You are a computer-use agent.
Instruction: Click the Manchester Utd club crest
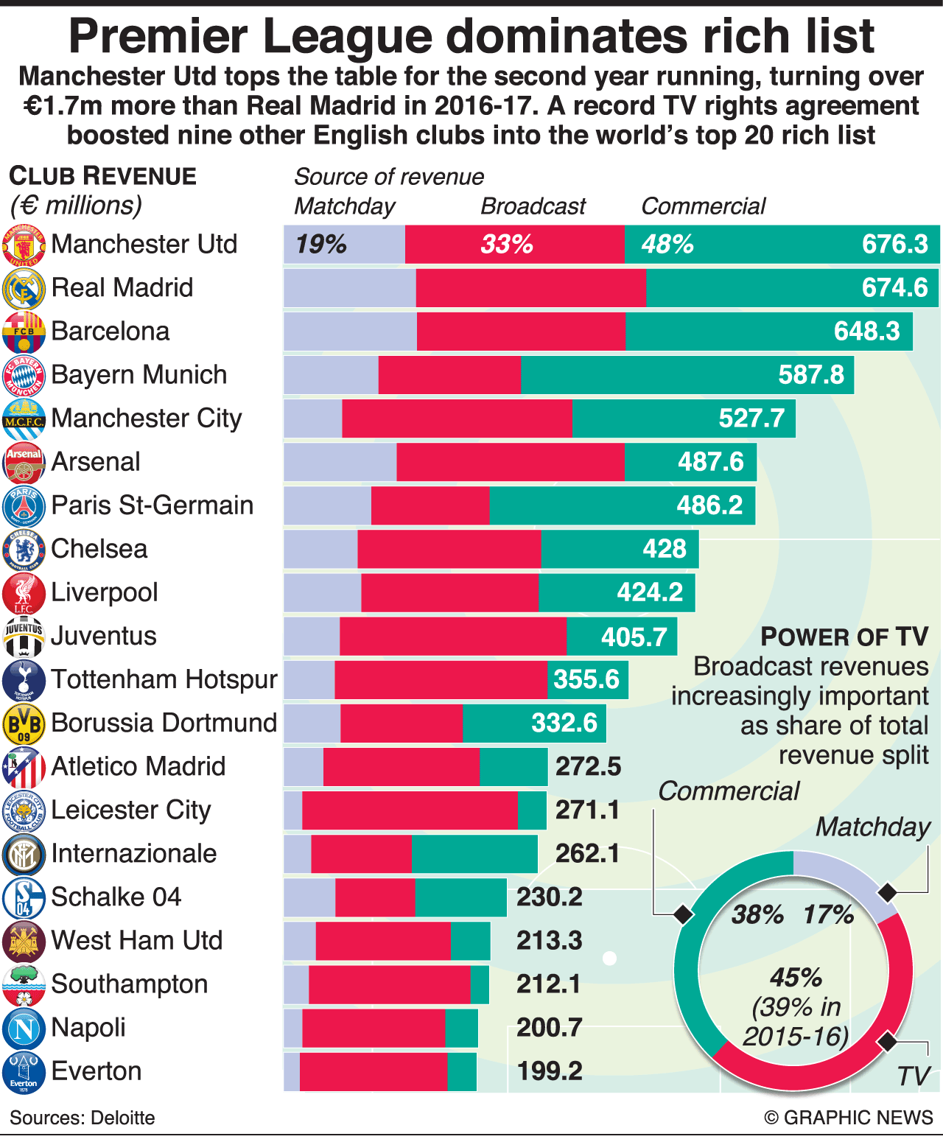[24, 245]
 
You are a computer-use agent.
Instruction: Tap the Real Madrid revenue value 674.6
[894, 287]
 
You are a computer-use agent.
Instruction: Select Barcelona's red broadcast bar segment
[521, 332]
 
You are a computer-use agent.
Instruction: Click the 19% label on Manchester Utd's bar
[321, 245]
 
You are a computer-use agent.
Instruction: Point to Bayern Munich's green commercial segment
[648, 375]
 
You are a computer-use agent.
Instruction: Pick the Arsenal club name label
[96, 462]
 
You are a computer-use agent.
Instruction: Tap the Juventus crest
[24, 637]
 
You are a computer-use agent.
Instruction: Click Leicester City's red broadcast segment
[410, 810]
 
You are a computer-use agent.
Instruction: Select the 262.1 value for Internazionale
[587, 854]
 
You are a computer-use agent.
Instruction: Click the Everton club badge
[24, 1072]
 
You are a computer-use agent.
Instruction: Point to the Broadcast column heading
[533, 206]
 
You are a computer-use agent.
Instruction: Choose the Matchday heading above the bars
[344, 206]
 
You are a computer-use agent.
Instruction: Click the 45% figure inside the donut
[796, 978]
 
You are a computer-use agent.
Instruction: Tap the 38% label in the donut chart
[757, 915]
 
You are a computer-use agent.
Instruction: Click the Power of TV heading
[844, 637]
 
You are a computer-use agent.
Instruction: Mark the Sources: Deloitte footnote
[83, 1118]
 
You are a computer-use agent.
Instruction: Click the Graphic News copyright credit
[849, 1118]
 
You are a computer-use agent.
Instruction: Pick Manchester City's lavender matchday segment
[312, 418]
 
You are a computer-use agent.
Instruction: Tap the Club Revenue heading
[102, 177]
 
